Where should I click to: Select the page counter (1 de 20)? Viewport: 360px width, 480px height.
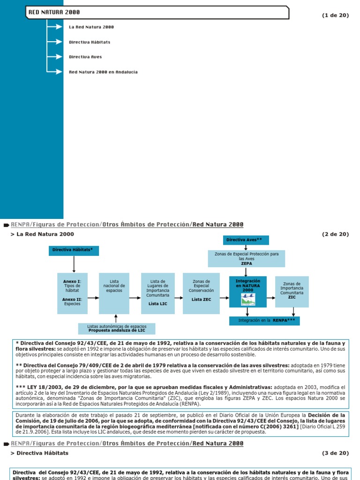coord(335,15)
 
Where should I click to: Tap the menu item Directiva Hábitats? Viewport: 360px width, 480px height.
coord(90,42)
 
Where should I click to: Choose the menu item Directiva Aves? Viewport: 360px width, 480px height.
coord(85,57)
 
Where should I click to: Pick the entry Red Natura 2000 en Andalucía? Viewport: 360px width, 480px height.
coord(103,72)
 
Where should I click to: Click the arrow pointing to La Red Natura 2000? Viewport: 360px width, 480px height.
coord(56,27)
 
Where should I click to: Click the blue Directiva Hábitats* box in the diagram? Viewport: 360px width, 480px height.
coord(74,250)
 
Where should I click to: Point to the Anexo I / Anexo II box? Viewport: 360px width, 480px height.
coord(72,293)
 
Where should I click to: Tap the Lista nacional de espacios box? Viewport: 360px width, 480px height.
coord(114,293)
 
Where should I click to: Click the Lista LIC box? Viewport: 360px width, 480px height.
coord(157,293)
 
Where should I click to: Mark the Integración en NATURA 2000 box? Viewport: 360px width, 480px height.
coord(247,292)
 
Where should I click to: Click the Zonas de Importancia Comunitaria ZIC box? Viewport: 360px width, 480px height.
coord(292,292)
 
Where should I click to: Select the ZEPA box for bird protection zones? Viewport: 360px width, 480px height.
coord(246,258)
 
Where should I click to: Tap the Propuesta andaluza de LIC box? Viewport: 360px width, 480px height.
coord(117,328)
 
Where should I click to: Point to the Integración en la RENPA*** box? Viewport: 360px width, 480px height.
coord(264,321)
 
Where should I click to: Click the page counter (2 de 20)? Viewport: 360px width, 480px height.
coord(335,234)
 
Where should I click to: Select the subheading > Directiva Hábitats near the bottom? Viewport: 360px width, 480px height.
coord(39,453)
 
